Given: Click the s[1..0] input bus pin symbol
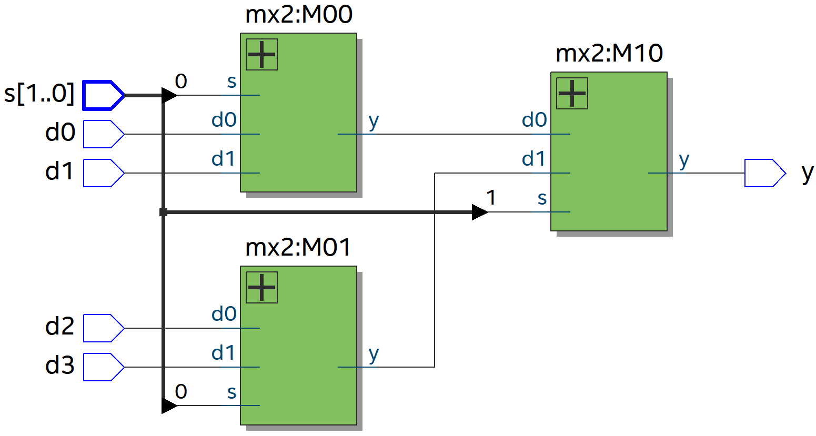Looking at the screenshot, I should tap(104, 95).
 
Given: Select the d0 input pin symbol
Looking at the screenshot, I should tap(104, 134).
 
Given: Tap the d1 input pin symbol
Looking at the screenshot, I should tap(104, 173).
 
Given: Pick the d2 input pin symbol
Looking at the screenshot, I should tap(104, 328).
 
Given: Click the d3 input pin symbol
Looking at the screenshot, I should tap(104, 367).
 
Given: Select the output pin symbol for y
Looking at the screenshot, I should tap(764, 173).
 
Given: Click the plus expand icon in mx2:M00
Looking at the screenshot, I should tap(261, 55).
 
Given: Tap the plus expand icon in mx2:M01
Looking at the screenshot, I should tap(261, 288).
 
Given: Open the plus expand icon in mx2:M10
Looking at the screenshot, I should tap(572, 94).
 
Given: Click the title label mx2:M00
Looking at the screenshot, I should tap(298, 15).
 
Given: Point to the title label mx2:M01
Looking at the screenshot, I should tap(298, 247).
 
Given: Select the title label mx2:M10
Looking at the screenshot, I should tap(609, 54).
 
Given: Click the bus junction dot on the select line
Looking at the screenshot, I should tap(163, 212).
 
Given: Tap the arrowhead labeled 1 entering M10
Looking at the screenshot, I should tap(479, 212).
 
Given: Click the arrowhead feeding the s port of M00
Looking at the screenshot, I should tap(170, 95).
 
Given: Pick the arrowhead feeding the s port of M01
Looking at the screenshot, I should tap(170, 405).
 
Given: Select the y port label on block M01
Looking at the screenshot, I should tap(374, 354).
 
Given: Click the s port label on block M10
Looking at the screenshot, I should tap(542, 199).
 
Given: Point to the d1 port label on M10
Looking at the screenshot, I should tap(534, 159).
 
